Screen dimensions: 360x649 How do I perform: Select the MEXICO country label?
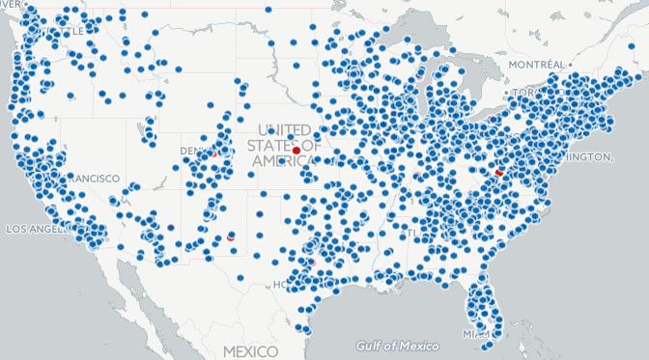point(249,349)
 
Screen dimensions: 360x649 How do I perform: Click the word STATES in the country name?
point(267,146)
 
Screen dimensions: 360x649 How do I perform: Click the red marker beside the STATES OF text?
point(296,150)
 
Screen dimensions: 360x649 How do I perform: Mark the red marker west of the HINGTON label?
point(499,171)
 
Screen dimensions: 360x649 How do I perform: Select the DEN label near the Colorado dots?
point(192,151)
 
